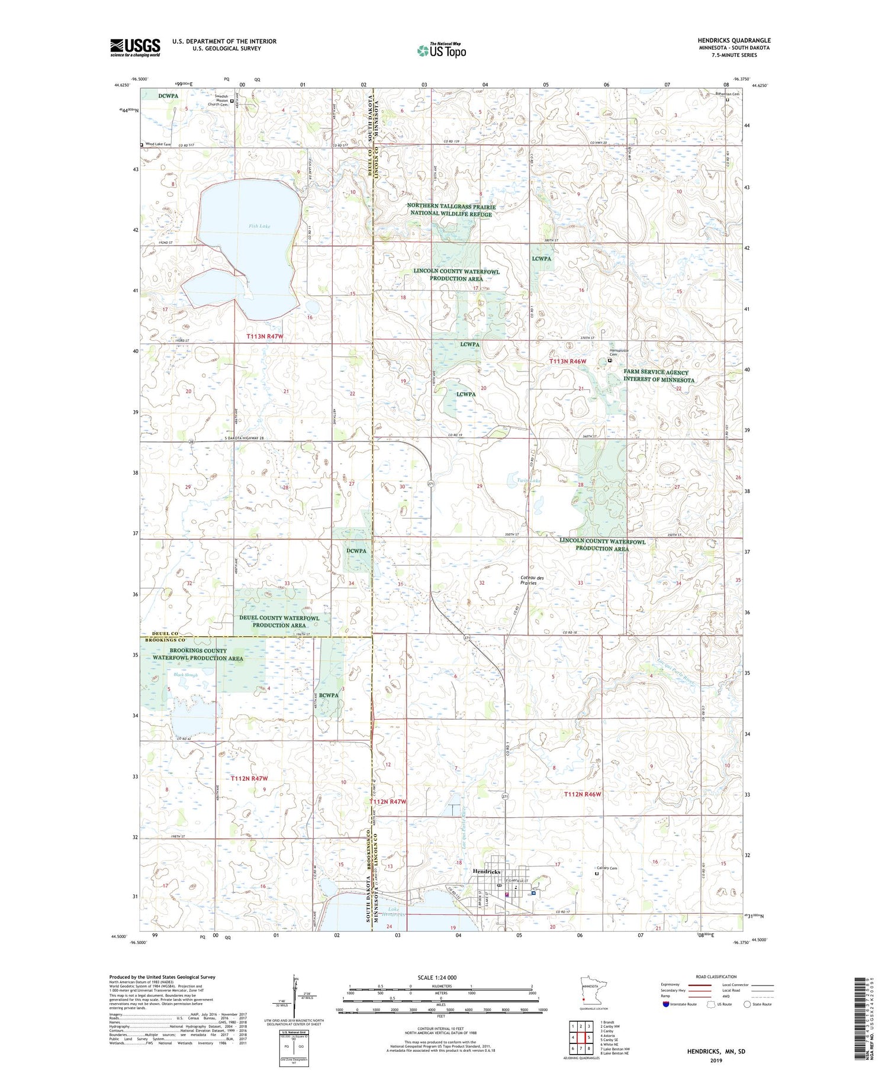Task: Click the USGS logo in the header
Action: coord(135,47)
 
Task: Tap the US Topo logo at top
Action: coord(442,50)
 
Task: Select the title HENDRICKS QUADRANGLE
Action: coord(734,41)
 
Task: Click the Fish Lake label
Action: coord(259,226)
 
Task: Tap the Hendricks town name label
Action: coord(487,872)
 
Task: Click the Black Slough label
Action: coord(185,675)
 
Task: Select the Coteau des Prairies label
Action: coord(529,580)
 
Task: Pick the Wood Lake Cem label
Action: coord(158,144)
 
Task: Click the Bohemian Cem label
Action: coord(727,94)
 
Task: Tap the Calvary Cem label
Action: coord(606,868)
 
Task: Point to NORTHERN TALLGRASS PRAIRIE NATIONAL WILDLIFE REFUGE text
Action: coord(451,210)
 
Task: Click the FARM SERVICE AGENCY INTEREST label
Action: coord(659,376)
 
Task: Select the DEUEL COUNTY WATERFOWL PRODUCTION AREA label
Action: coord(279,621)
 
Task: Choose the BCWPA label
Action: coord(328,695)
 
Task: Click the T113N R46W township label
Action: coord(568,361)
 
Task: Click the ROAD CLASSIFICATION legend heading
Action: coord(716,977)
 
